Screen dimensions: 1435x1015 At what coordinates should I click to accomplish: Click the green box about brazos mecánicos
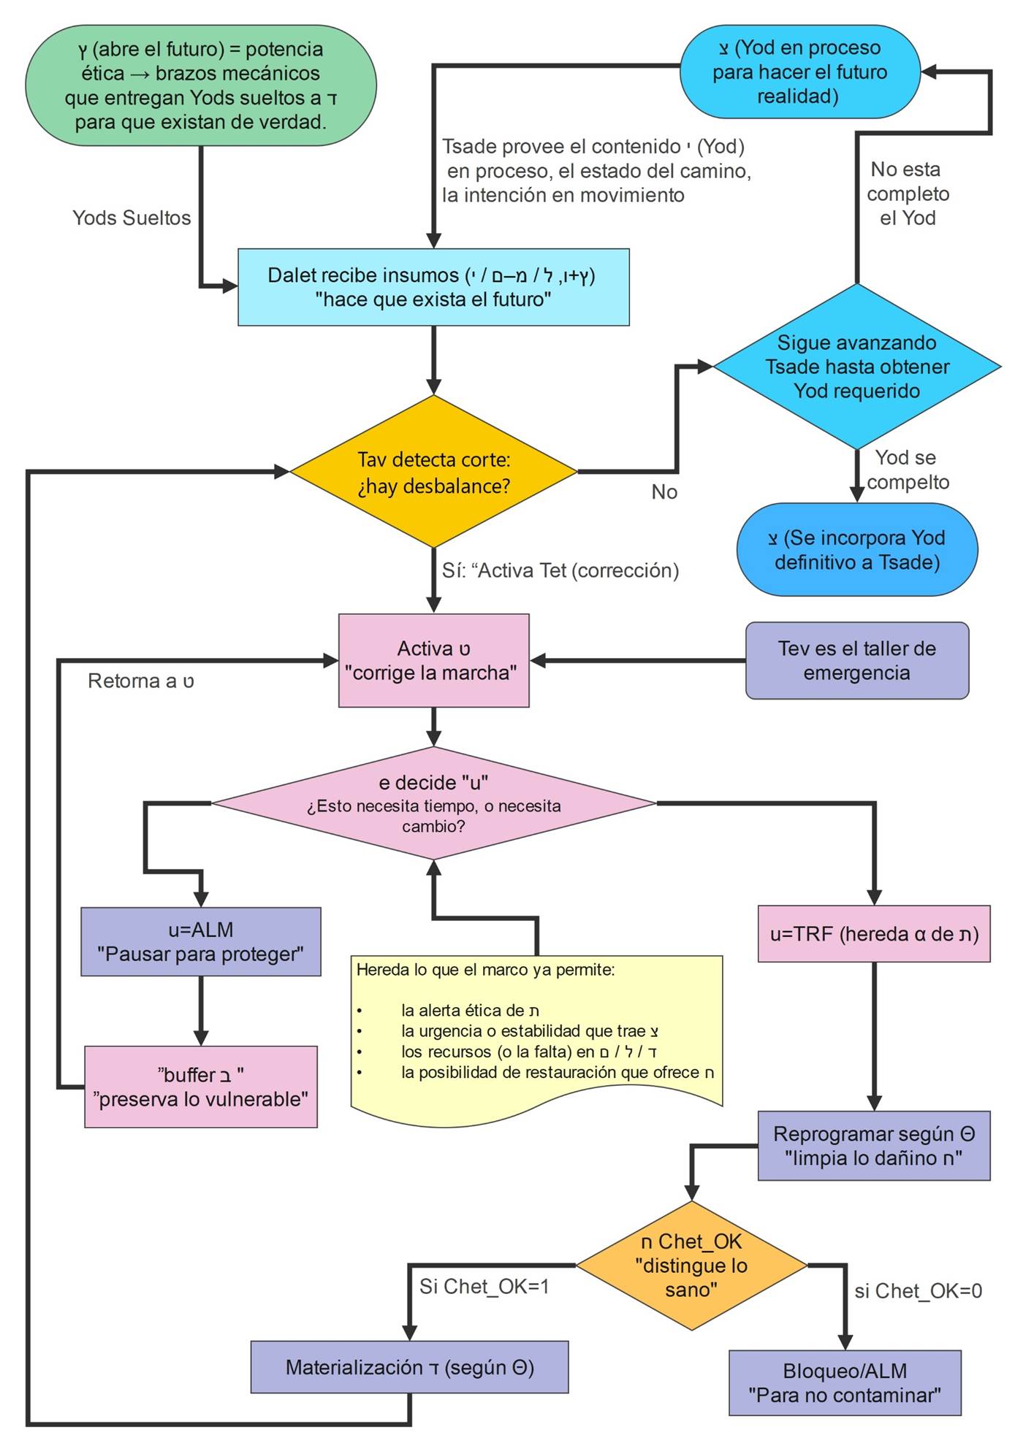(200, 85)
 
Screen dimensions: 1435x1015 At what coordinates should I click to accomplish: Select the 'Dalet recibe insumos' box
(433, 287)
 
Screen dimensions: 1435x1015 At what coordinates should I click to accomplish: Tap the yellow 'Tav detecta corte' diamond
(433, 472)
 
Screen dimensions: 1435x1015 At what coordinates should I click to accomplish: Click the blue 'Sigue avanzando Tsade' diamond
(856, 367)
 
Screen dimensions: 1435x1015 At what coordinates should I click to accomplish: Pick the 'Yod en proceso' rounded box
(799, 72)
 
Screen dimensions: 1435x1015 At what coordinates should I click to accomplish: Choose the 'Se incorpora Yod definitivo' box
(856, 550)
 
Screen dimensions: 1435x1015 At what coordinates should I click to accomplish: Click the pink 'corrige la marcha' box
(433, 660)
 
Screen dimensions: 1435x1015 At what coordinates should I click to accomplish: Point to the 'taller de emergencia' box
(856, 660)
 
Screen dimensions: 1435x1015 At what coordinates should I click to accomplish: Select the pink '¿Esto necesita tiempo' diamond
(433, 803)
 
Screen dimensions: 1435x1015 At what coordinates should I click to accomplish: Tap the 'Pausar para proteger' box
(200, 942)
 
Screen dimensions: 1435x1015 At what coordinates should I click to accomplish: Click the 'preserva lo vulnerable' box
(200, 1087)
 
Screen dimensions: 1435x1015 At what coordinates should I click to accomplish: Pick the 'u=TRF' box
(874, 934)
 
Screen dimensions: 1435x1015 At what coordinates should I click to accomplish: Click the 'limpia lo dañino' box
(874, 1146)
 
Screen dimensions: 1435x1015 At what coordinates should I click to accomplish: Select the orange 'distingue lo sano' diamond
(691, 1266)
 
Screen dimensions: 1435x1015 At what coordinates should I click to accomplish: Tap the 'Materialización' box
(409, 1367)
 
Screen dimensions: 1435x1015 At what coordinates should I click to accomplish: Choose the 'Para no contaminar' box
(845, 1383)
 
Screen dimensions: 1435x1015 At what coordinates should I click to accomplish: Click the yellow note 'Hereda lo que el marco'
(536, 1037)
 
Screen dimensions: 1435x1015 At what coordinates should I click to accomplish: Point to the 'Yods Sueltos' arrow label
(132, 218)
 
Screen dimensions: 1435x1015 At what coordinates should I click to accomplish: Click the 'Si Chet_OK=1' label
(484, 1286)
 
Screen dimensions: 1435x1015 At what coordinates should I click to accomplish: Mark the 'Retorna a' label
(141, 681)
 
